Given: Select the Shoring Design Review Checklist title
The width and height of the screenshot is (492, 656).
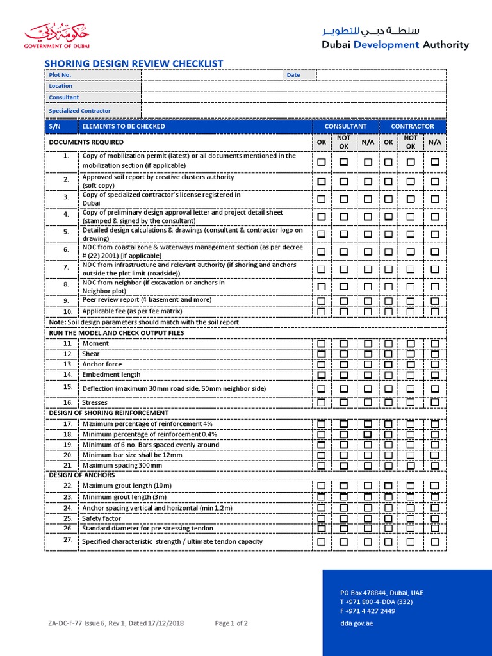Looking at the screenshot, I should pyautogui.click(x=133, y=63).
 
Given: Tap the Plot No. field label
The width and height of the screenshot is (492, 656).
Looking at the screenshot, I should pyautogui.click(x=60, y=75).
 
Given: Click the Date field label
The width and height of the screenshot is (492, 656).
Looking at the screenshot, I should pyautogui.click(x=293, y=75).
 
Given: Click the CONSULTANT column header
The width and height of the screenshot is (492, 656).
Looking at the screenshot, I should pyautogui.click(x=345, y=126).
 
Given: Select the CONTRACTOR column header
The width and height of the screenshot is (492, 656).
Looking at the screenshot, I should pyautogui.click(x=412, y=126).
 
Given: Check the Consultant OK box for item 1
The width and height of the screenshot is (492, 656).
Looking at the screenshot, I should pyautogui.click(x=321, y=162).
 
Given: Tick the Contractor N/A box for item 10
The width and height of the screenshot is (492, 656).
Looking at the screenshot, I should pyautogui.click(x=435, y=311).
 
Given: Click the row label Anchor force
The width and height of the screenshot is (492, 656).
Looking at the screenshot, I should pyautogui.click(x=102, y=365).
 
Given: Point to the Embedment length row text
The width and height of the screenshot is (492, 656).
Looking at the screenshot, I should pyautogui.click(x=111, y=375).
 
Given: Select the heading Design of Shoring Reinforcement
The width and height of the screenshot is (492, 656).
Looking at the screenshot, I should pyautogui.click(x=109, y=413).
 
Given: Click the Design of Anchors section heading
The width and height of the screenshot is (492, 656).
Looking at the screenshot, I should pyautogui.click(x=82, y=475).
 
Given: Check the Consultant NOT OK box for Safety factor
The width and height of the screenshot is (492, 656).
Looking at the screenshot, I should pyautogui.click(x=344, y=518).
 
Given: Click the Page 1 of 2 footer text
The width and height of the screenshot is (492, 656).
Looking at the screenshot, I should pyautogui.click(x=231, y=623).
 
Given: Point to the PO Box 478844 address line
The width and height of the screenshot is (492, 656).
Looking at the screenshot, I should pyautogui.click(x=381, y=593).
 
